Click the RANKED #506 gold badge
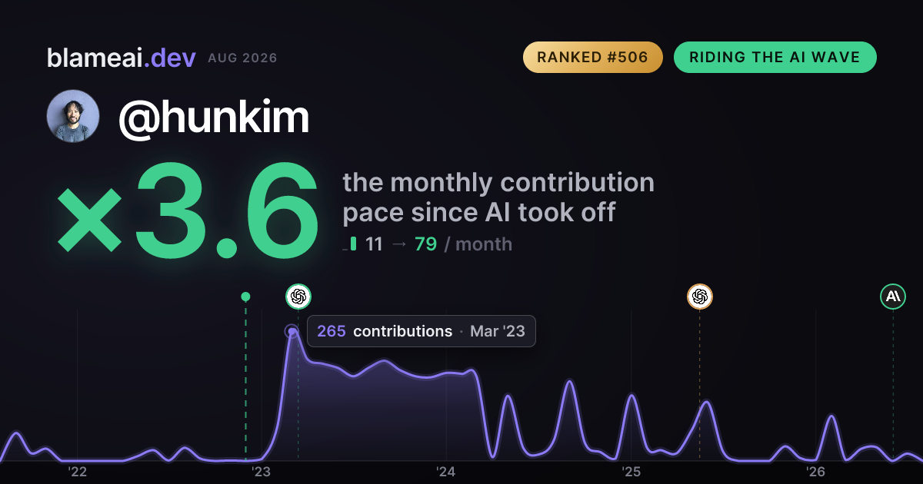592,57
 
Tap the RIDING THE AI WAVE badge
775,57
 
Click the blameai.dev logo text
122,58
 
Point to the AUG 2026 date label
242,58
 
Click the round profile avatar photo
73,116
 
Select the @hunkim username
214,118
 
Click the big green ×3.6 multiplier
188,210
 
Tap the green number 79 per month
425,244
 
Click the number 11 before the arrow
374,244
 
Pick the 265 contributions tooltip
422,331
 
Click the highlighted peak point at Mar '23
292,331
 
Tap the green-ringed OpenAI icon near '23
298,297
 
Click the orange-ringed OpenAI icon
700,297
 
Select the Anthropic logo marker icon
893,297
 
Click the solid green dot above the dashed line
245,297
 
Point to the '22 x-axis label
77,472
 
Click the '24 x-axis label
446,472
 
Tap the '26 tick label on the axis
815,472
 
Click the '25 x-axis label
631,472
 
